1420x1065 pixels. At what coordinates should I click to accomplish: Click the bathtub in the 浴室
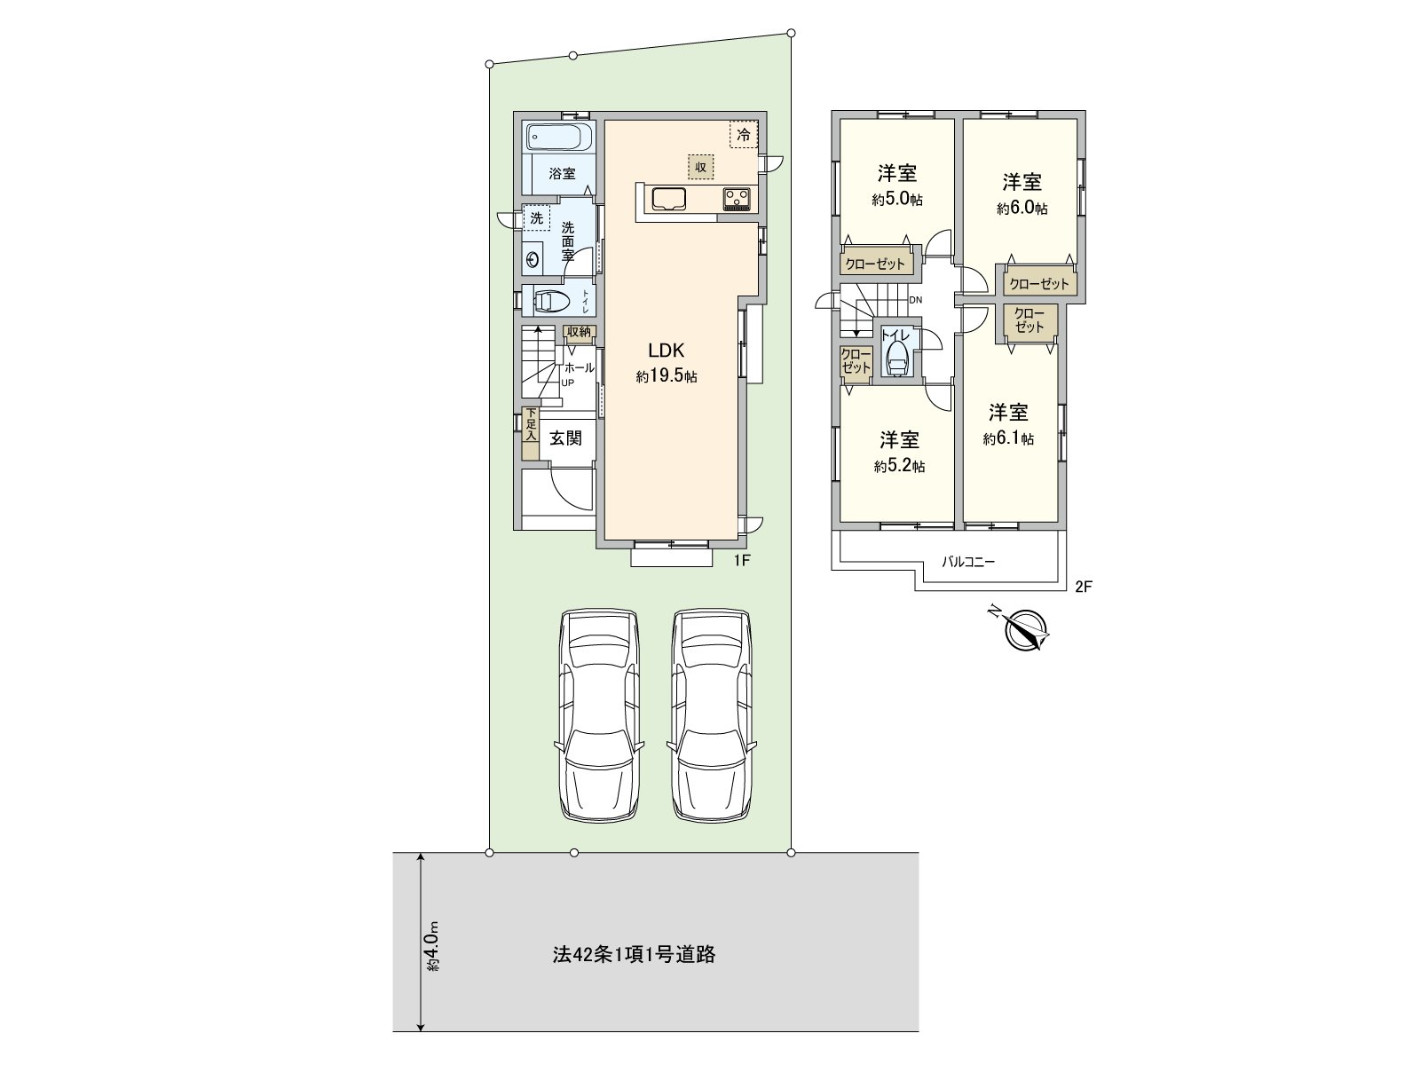coord(556,138)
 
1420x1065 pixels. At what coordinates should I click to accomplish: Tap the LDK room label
coord(666,349)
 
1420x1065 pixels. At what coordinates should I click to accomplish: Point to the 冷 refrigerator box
coord(744,135)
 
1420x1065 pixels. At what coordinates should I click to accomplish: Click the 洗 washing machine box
coord(536,217)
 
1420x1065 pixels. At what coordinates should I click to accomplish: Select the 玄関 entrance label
coord(564,438)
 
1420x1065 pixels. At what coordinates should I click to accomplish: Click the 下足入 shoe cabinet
coord(530,433)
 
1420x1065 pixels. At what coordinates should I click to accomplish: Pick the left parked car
coord(598,714)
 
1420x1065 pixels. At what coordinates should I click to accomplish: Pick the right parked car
coord(712,714)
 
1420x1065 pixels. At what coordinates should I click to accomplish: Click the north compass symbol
coord(1027,630)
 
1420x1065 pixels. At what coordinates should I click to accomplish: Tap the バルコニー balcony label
coord(968,562)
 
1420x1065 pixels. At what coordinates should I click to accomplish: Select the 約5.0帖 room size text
coord(897,200)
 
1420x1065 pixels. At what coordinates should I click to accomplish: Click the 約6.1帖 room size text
coord(1008,438)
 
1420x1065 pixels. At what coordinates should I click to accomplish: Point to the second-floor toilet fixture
coord(895,359)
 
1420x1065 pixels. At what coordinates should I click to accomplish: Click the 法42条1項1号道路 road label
coord(634,955)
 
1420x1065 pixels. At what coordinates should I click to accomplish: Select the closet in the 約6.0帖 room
coord(1039,284)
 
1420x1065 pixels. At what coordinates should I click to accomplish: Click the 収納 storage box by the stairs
coord(579,332)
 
